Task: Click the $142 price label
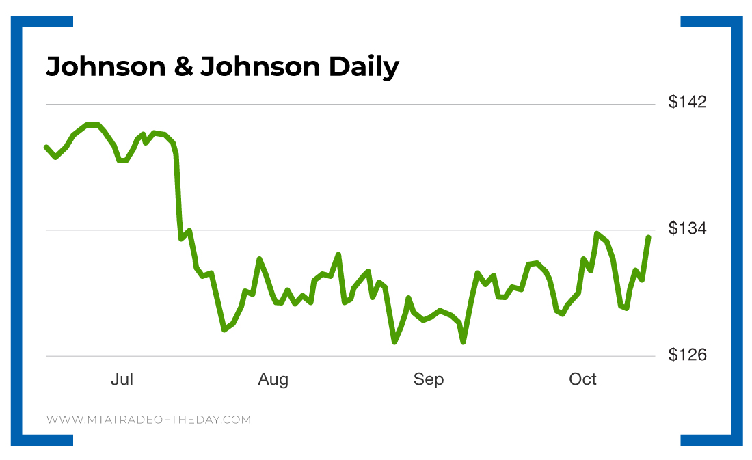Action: tap(687, 103)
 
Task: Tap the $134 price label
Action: tap(687, 228)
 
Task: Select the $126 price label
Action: tap(687, 355)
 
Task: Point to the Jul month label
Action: tap(122, 379)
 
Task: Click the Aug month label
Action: tap(273, 379)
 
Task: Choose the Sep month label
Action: tap(429, 379)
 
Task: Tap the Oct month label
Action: tap(583, 379)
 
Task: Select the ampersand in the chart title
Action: tap(183, 67)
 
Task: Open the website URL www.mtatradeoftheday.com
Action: tap(148, 420)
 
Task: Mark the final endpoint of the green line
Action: tap(648, 237)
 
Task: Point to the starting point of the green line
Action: tap(46, 147)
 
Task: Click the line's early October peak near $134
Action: tap(597, 234)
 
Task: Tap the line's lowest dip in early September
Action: tap(463, 342)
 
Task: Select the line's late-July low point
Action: tap(224, 329)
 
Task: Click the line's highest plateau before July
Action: tap(92, 125)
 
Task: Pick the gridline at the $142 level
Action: tap(342, 105)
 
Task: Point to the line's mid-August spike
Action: tap(338, 254)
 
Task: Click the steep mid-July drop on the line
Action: tap(178, 198)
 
